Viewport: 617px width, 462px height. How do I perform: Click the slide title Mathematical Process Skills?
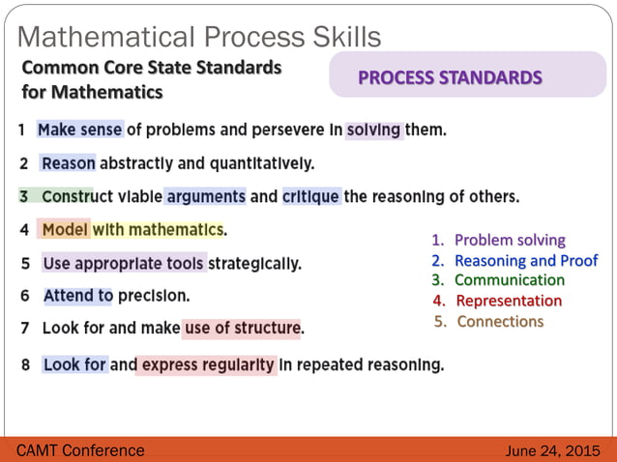pos(199,36)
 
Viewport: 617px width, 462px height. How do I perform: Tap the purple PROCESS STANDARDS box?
pos(467,77)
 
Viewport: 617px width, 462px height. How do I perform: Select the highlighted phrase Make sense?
pos(80,130)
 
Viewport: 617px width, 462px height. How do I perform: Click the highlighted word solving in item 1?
pos(373,130)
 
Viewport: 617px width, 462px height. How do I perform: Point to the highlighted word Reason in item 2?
pos(68,163)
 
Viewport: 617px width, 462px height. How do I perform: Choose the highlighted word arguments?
pos(205,196)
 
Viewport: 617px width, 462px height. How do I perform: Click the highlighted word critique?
pos(310,196)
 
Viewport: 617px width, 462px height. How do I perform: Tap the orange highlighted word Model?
pos(66,230)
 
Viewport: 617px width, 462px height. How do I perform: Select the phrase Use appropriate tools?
pos(124,263)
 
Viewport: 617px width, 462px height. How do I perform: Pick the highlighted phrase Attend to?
pos(78,296)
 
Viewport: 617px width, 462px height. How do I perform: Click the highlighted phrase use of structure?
pos(241,329)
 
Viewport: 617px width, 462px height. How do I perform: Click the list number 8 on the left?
pos(23,365)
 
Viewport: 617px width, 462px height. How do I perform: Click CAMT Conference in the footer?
pos(81,450)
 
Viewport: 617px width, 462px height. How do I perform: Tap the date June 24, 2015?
pos(553,451)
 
